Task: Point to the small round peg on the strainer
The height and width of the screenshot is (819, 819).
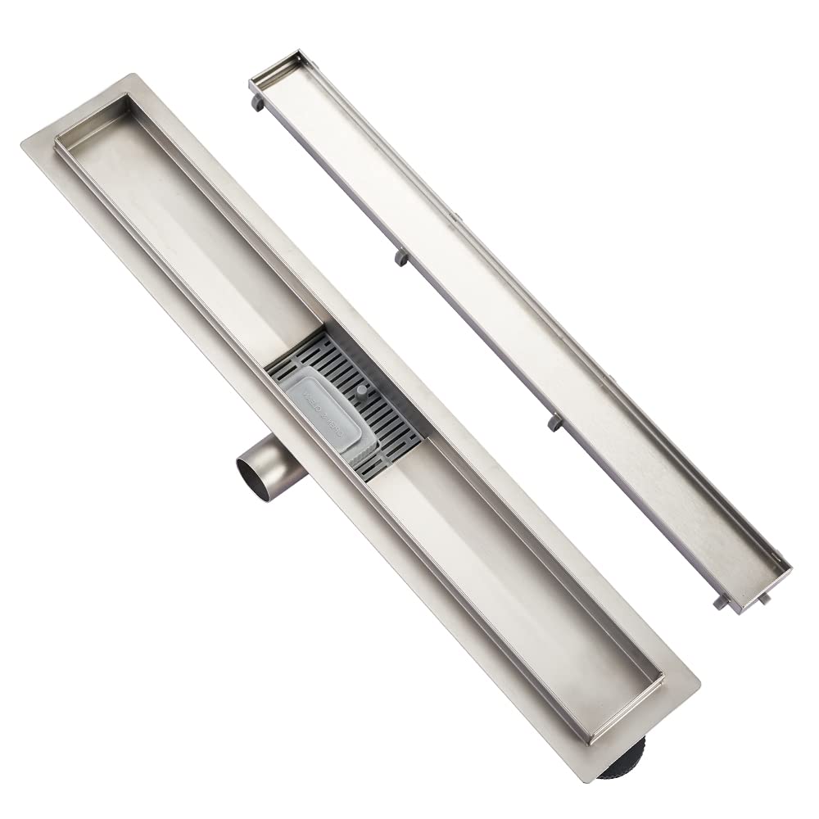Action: pos(361,392)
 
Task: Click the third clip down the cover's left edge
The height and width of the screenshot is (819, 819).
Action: pos(550,423)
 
